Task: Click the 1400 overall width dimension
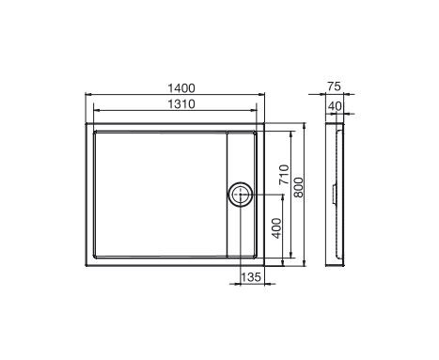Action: click(x=176, y=86)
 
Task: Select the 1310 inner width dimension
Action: click(x=176, y=103)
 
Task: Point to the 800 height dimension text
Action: click(x=299, y=187)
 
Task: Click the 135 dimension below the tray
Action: click(x=251, y=276)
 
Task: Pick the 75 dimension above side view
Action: click(x=334, y=86)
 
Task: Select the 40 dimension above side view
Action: click(x=334, y=103)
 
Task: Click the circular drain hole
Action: click(x=240, y=196)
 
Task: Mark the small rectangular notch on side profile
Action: click(x=339, y=196)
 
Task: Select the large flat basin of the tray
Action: click(x=160, y=193)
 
